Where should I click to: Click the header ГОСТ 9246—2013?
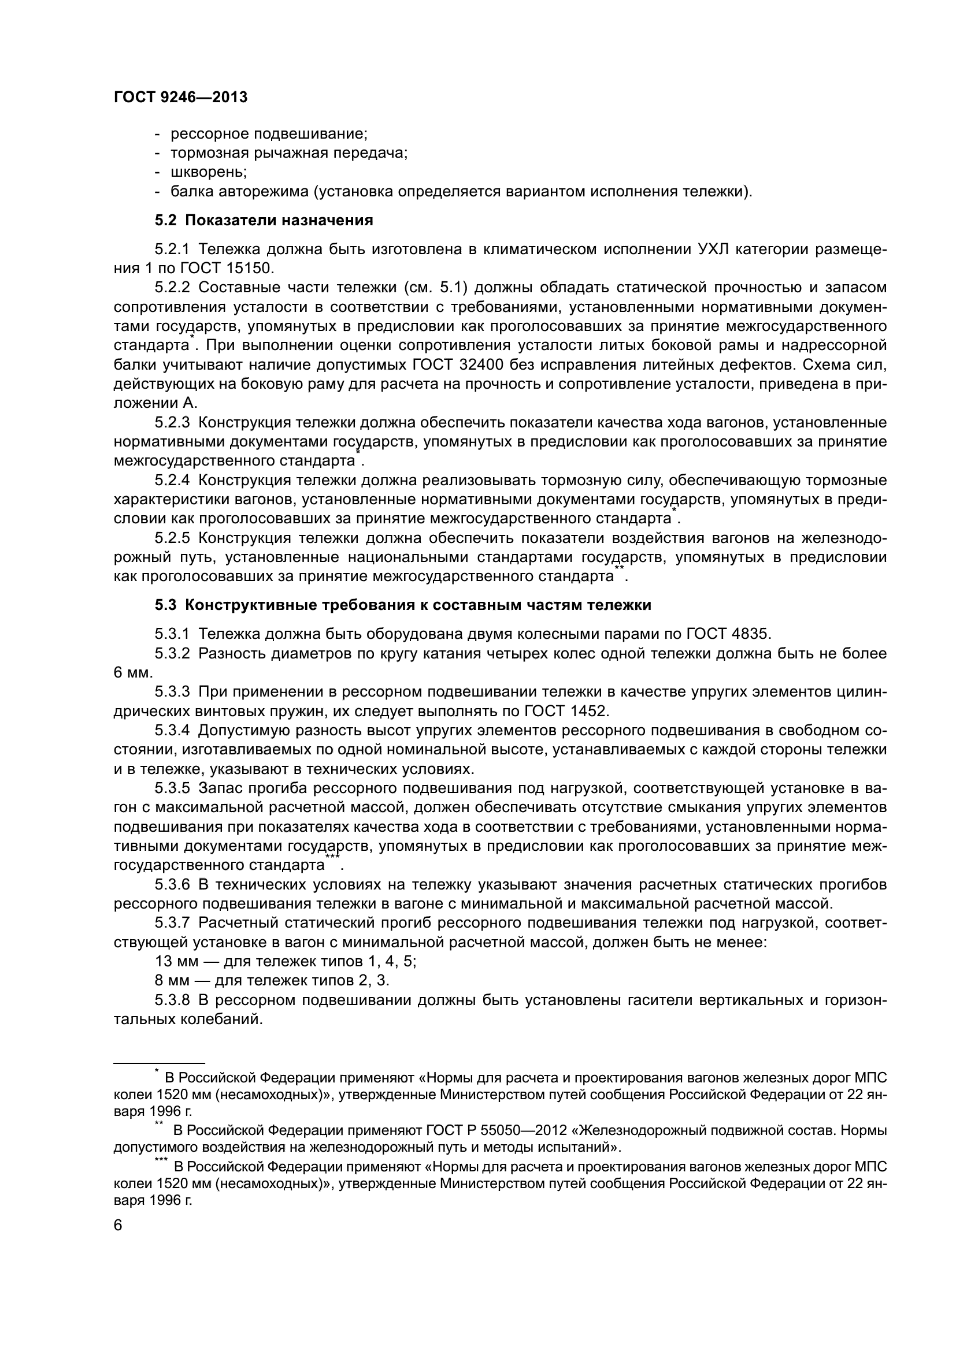tap(180, 98)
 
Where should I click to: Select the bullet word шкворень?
tap(208, 172)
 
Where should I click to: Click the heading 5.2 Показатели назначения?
tap(264, 221)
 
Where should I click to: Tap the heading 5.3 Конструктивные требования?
tap(403, 605)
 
